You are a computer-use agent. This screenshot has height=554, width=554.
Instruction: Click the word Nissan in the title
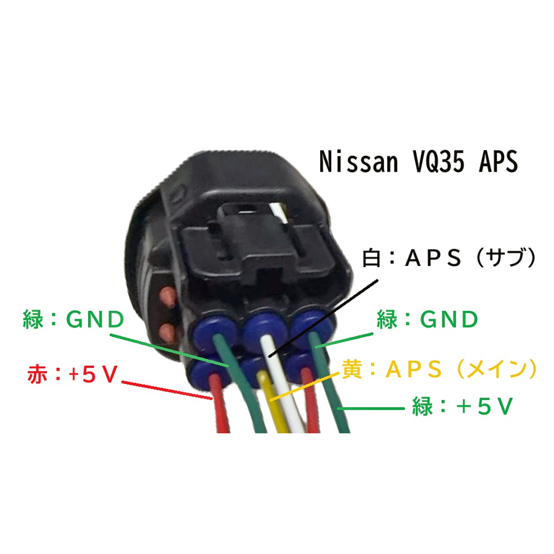coord(358,161)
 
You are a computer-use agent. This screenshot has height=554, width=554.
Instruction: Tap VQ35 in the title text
coord(438,161)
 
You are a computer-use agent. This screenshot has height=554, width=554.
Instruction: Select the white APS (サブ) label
coord(449,257)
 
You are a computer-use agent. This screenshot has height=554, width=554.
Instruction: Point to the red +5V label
coord(73,374)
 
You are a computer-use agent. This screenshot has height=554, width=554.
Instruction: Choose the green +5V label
coord(462,406)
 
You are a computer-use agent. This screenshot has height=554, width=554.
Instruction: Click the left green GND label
coord(73,319)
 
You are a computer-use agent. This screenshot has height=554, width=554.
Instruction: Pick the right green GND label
coord(428,319)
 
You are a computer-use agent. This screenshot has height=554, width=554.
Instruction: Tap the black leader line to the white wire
coord(323,318)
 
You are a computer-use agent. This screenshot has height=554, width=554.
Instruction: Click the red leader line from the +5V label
coord(167,390)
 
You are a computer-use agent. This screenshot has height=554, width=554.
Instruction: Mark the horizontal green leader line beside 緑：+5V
coord(371,409)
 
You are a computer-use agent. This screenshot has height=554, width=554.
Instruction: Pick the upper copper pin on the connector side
coord(167,296)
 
